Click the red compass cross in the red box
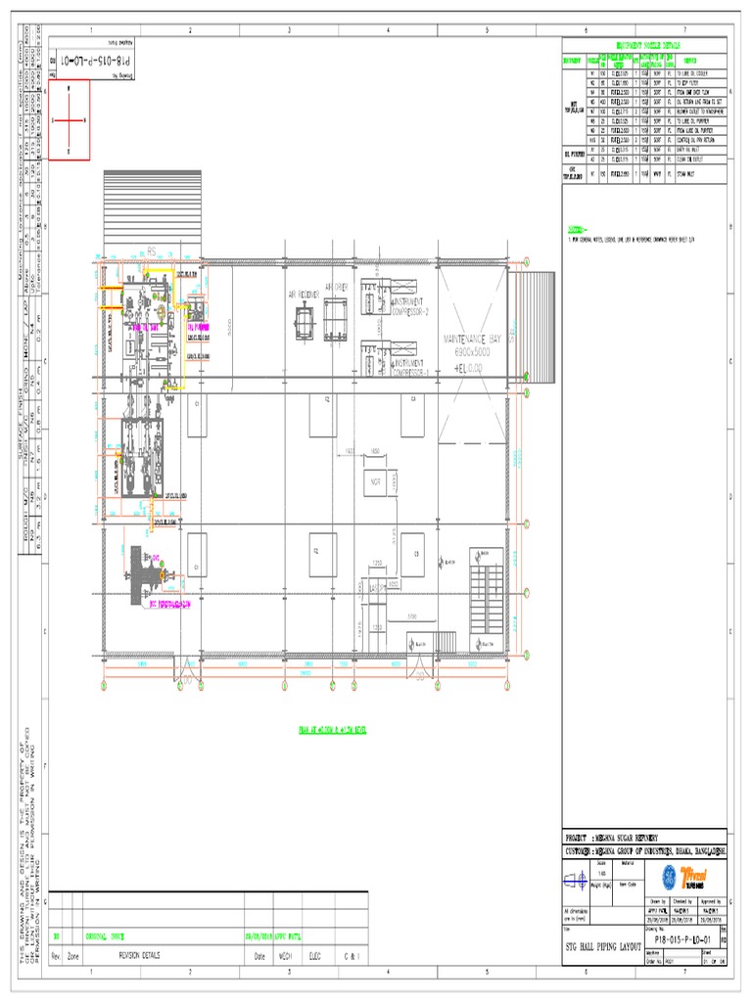pyautogui.click(x=69, y=119)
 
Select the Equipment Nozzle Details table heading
pyautogui.click(x=644, y=45)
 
